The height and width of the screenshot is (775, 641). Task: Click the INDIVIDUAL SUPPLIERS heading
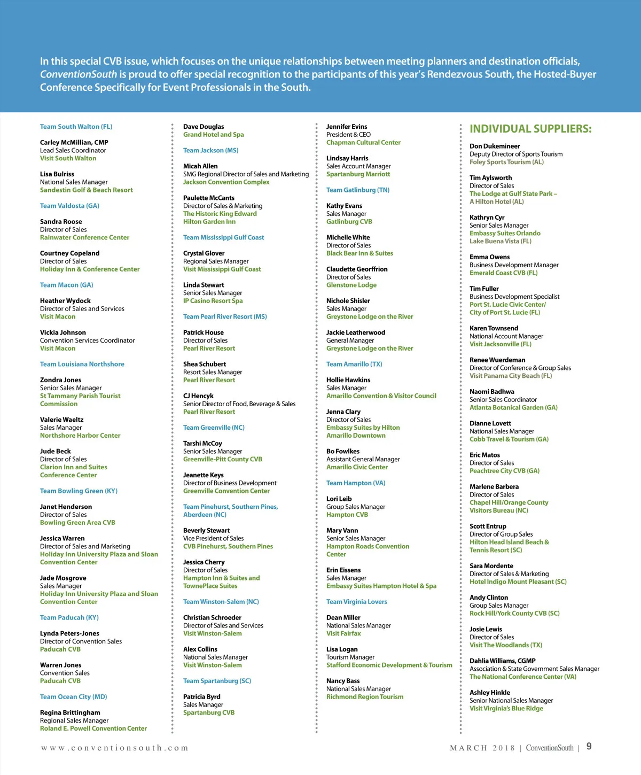530,129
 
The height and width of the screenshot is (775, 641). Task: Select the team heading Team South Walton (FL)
76,127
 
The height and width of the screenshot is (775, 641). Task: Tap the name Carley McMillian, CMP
74,143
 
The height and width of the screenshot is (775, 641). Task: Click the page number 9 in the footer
589,746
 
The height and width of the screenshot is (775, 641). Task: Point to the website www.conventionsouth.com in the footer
114,748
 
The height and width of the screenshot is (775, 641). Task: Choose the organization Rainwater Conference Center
84,237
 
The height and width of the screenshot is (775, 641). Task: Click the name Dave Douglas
204,127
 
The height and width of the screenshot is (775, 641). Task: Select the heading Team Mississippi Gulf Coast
223,237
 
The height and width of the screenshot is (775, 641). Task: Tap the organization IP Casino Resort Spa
213,301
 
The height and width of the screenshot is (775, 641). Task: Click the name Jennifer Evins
347,127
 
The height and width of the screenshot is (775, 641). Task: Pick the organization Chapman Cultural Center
363,143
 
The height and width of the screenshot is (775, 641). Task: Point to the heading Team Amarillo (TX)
354,364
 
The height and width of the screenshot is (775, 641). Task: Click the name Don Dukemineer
495,146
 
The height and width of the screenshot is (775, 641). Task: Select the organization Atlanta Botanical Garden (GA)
513,407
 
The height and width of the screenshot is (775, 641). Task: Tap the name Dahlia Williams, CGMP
502,661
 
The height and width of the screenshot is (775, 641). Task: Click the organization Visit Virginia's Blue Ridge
506,708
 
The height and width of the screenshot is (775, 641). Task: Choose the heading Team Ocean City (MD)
73,697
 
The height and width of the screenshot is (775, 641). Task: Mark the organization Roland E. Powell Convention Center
93,728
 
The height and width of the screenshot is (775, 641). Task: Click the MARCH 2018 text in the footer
482,748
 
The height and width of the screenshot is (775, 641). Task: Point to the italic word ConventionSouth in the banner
78,74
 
